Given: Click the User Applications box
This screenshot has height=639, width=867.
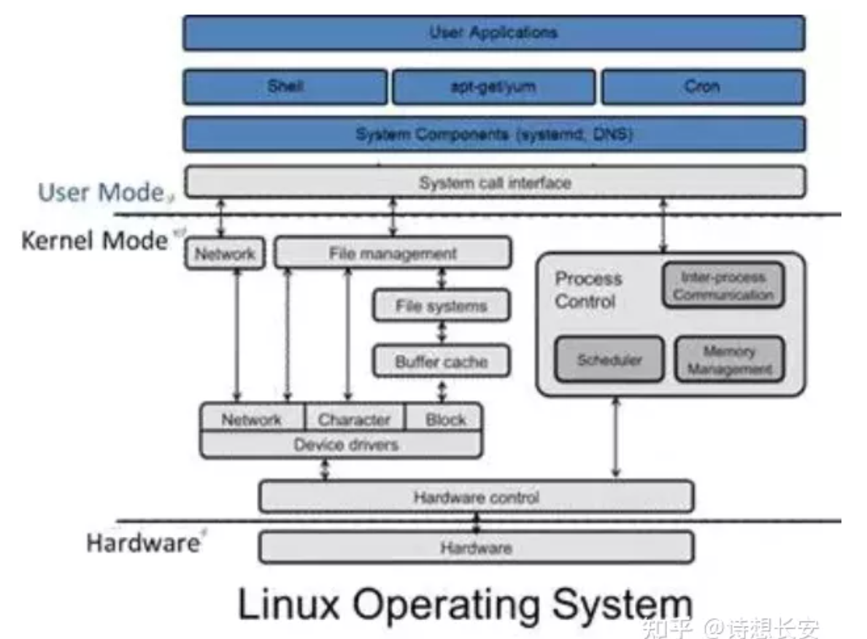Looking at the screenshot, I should [x=493, y=33].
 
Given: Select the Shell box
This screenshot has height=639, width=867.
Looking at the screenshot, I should [x=285, y=87].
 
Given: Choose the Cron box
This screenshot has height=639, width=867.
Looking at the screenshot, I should [x=702, y=87].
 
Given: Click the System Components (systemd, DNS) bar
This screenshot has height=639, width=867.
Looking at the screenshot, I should [x=493, y=134].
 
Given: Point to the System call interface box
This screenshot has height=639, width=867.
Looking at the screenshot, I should [x=495, y=182].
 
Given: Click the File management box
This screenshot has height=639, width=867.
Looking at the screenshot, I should [x=393, y=253].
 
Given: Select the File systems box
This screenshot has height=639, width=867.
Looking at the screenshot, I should [x=441, y=305].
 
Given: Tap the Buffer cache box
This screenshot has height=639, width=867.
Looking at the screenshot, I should [x=441, y=361].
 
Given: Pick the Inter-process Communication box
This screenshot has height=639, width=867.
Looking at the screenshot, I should [x=722, y=286].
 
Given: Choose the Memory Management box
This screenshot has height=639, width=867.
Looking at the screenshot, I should [x=728, y=360].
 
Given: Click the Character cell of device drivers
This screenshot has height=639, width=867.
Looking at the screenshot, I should [x=354, y=419].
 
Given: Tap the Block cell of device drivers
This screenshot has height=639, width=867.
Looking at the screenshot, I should [x=444, y=419].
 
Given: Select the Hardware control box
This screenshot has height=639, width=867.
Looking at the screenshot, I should [x=476, y=497].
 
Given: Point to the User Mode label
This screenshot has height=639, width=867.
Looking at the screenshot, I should [x=101, y=193].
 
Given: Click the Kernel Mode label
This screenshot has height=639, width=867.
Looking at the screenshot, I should [x=94, y=240].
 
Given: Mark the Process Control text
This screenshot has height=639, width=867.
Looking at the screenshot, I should [x=589, y=290].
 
